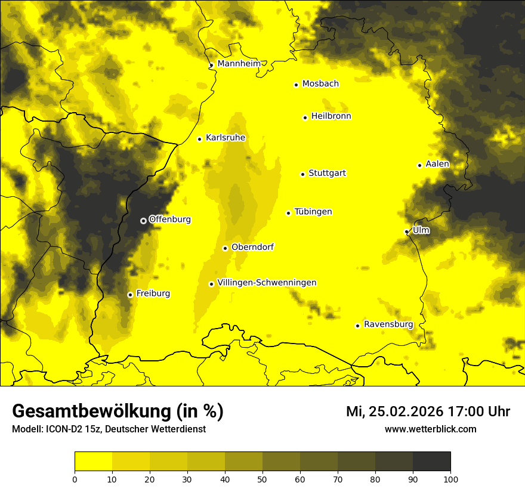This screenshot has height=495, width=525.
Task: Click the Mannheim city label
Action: pos(239,64)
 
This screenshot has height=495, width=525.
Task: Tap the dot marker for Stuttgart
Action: pos(302,174)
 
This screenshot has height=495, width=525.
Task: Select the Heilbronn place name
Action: pos(331,116)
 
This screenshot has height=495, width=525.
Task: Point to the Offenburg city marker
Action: pos(143,221)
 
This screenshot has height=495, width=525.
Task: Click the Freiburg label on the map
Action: pos(153,293)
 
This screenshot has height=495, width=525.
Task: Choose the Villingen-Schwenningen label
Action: pos(267,283)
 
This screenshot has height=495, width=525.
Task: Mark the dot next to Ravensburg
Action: pos(357,326)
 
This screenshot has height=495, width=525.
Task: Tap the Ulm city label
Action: pos(421,230)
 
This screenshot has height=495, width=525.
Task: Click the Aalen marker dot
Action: pos(419,165)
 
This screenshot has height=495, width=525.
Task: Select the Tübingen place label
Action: pos(313,212)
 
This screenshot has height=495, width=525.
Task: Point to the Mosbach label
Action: pos(320,84)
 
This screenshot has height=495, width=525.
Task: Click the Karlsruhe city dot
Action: pos(199,139)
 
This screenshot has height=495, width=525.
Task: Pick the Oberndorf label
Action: pos(252,247)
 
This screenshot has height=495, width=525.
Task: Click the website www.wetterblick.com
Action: pos(430,429)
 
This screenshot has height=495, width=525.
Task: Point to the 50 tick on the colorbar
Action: pos(262,478)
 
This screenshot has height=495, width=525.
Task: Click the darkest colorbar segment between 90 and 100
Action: pos(431,462)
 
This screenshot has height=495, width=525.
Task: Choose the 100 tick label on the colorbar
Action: pos(450,478)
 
